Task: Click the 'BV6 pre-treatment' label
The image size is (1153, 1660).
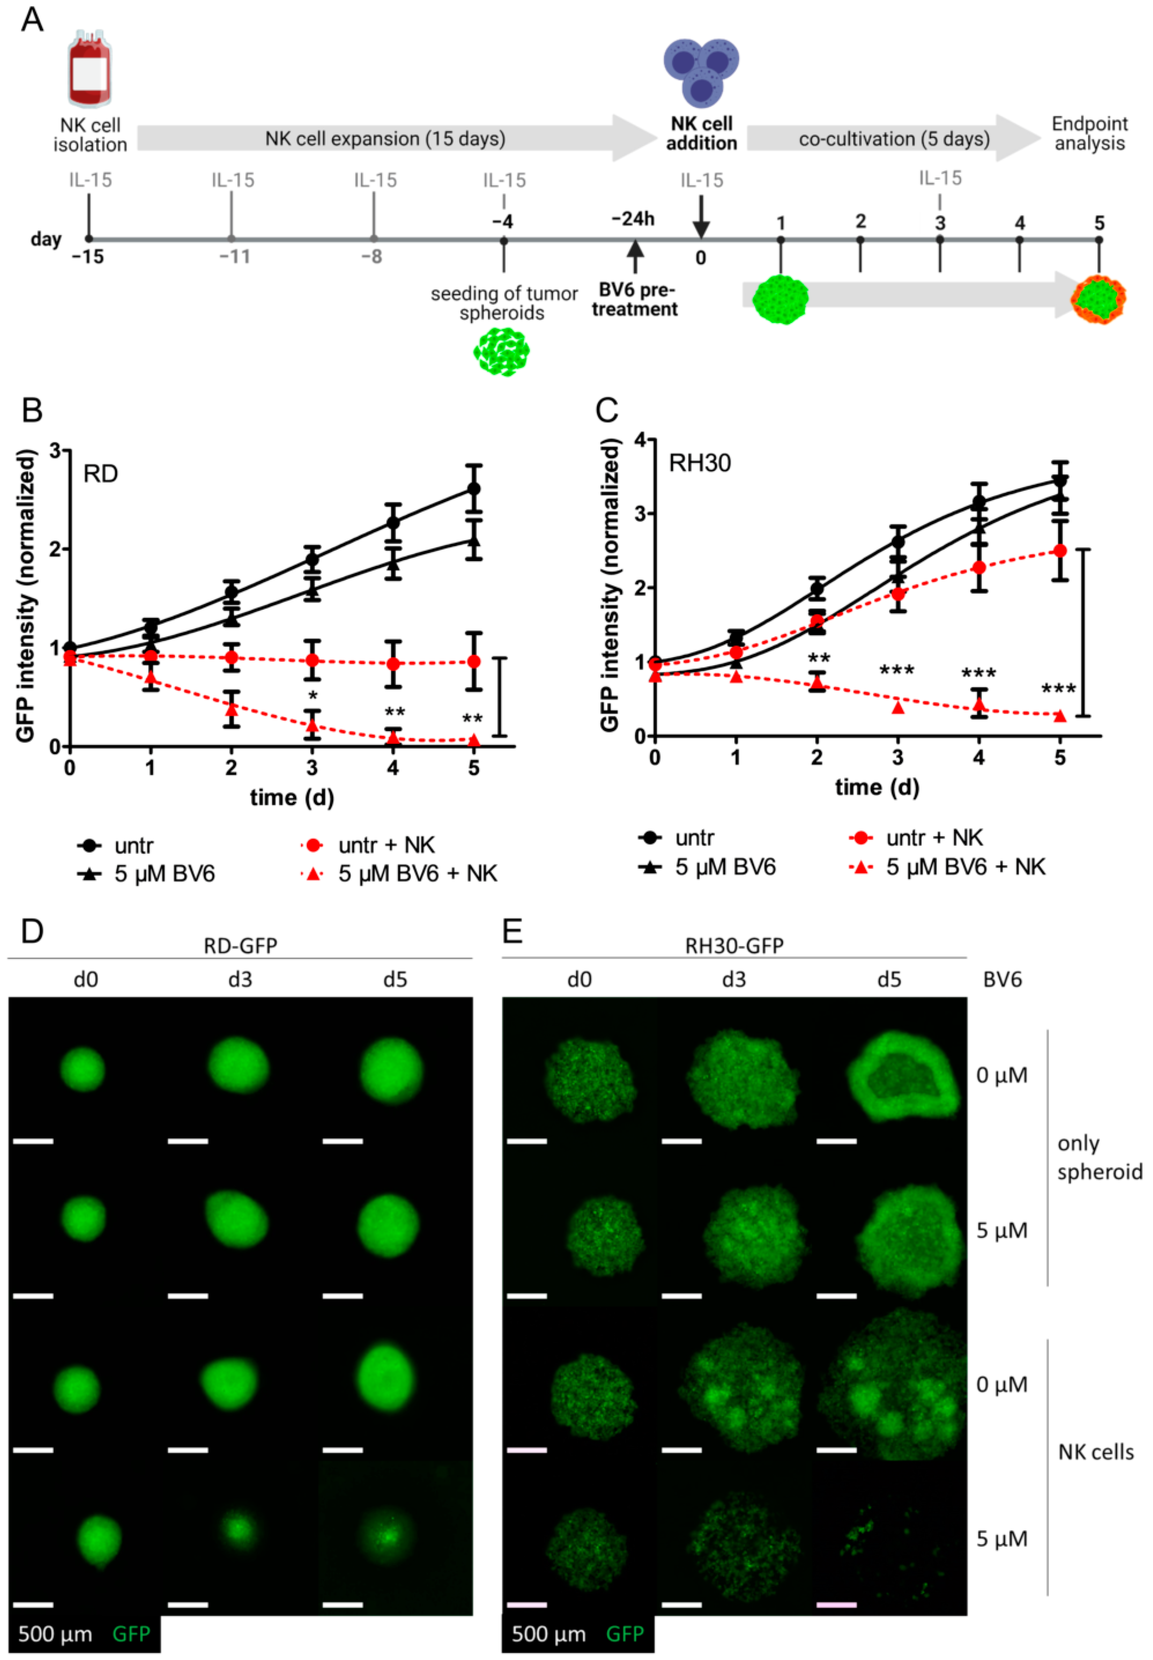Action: [x=635, y=300]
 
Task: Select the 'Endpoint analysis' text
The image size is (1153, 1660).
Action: [x=1089, y=134]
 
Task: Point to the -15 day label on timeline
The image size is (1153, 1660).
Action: [x=87, y=257]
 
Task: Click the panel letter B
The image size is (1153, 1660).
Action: [x=33, y=411]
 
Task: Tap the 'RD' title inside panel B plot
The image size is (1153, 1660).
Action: [x=100, y=474]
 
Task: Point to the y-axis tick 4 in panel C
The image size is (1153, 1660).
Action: [x=640, y=439]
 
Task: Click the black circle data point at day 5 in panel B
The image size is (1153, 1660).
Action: [x=473, y=488]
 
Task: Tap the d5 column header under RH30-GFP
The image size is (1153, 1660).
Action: [x=889, y=980]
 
